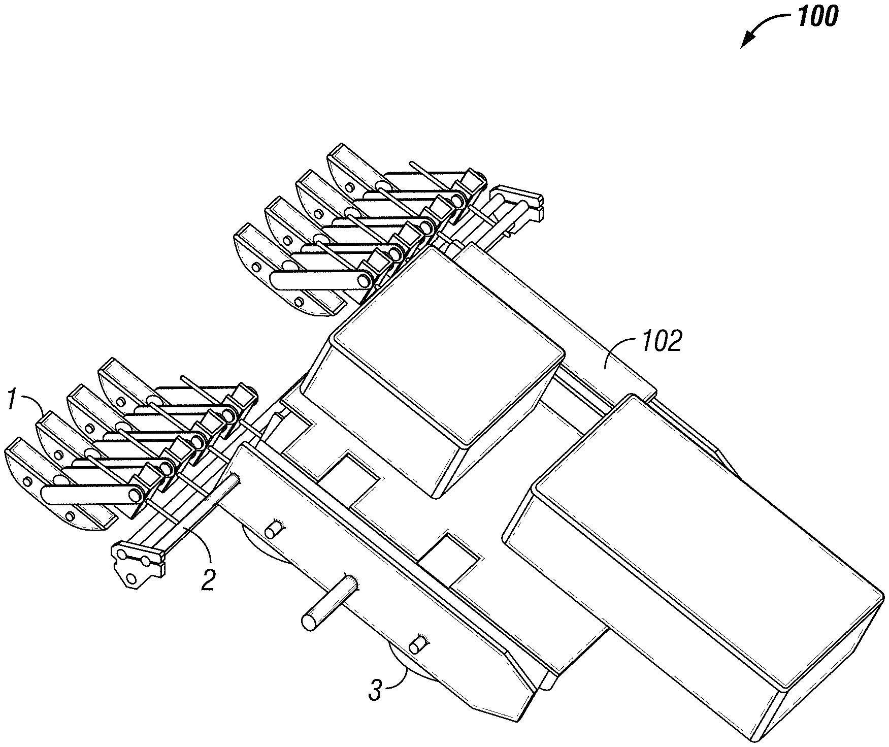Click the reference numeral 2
[207, 579]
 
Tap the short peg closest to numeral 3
[418, 644]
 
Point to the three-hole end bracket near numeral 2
[136, 564]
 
